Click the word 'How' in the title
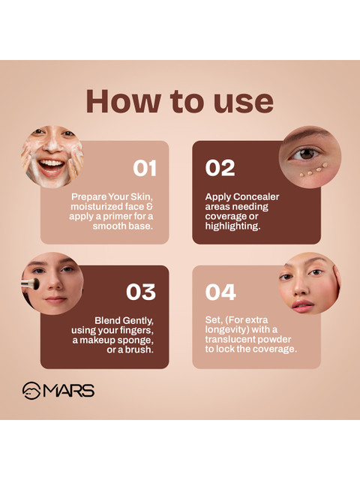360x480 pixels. [x=123, y=101]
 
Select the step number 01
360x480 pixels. [x=145, y=168]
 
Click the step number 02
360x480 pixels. [x=220, y=168]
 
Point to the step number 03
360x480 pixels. [x=141, y=292]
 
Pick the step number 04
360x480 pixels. [x=220, y=292]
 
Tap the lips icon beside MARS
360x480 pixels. [x=31, y=391]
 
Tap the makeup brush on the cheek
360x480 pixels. [x=30, y=283]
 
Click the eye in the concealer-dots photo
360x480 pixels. [x=305, y=153]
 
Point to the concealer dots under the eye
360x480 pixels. [x=313, y=170]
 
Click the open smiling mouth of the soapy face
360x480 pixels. [x=51, y=166]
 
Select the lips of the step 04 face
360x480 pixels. [x=302, y=306]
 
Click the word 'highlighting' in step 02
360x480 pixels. [x=232, y=226]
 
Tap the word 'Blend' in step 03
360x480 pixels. [x=107, y=320]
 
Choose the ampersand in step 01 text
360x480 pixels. [x=150, y=207]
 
